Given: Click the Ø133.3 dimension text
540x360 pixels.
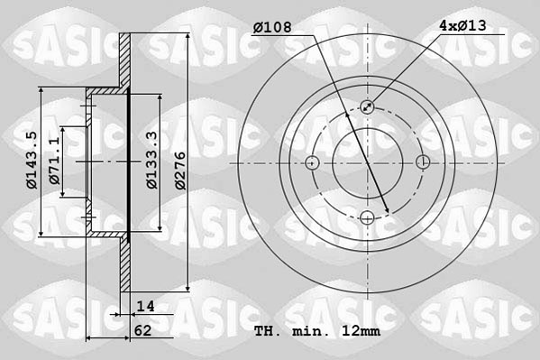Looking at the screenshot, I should [x=152, y=161].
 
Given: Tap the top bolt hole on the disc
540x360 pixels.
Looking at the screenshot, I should [x=368, y=107].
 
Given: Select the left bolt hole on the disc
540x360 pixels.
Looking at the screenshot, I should [x=313, y=162].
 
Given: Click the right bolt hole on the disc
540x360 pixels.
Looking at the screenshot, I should [x=423, y=162].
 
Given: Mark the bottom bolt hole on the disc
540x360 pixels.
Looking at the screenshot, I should [x=368, y=217].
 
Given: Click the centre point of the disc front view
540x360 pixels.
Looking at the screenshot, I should [x=368, y=162].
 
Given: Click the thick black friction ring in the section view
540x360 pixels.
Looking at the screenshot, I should [x=130, y=162].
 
